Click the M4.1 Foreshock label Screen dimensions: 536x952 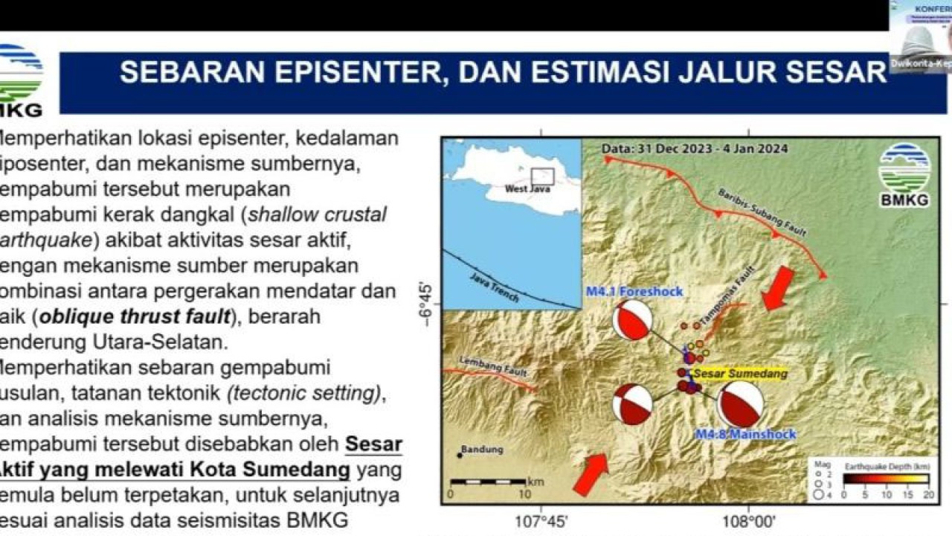coord(634,291)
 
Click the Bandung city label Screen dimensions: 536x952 coord(482,450)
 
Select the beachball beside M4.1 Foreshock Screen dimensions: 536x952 coord(633,321)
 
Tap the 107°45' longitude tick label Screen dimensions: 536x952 coord(541,520)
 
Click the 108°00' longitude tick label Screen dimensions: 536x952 coord(748,520)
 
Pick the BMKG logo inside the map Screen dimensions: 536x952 coord(904,174)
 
